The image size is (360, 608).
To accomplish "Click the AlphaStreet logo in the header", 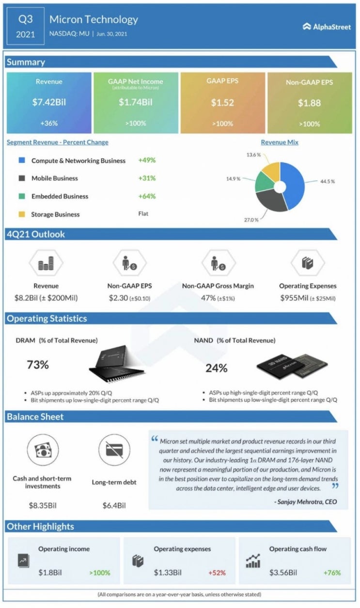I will [x=326, y=27].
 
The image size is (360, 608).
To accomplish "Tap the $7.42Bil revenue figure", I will [x=49, y=102].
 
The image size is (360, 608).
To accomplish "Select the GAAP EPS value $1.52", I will [x=222, y=102].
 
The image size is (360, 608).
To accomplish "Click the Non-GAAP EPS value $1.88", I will [x=309, y=103].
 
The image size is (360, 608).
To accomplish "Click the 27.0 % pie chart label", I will [x=250, y=219].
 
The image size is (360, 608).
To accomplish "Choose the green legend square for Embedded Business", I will [x=22, y=196].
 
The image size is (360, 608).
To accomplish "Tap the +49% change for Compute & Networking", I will [x=147, y=160].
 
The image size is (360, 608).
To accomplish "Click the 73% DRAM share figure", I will [x=38, y=365].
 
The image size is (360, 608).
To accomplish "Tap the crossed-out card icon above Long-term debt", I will [x=114, y=450].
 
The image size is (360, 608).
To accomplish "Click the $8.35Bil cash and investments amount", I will [x=42, y=505].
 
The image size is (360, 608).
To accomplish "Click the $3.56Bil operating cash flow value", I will [x=283, y=573].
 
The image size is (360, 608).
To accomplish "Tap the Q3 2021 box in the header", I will [x=25, y=27].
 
